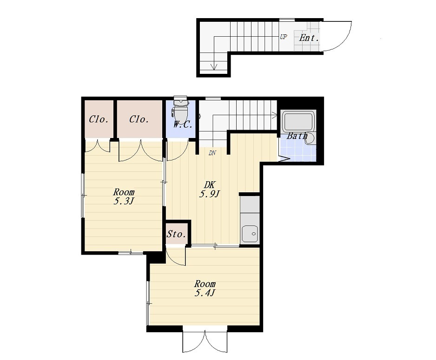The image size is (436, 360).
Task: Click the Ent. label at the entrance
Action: pos(309,38)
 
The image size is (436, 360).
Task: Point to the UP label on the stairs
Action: pos(284,37)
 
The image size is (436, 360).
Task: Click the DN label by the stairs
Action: pos(212,153)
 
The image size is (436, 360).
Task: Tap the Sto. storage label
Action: pos(176,234)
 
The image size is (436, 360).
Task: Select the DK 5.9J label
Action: pos(210,189)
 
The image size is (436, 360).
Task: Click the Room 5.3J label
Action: pos(124,196)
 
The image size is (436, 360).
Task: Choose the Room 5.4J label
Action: pos(205,288)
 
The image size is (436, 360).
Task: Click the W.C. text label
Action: pos(183,124)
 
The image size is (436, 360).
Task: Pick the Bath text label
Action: pos(297,136)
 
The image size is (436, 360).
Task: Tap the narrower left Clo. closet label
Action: pos(99,119)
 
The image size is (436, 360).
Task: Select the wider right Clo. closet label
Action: pos(139,119)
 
